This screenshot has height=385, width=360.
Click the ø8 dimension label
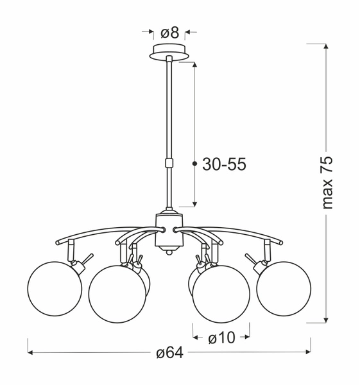[169, 31]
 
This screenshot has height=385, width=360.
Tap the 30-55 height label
[224, 164]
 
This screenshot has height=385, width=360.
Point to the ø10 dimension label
[221, 336]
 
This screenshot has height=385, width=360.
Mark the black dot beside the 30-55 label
[194, 164]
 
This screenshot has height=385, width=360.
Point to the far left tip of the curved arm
[56, 242]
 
